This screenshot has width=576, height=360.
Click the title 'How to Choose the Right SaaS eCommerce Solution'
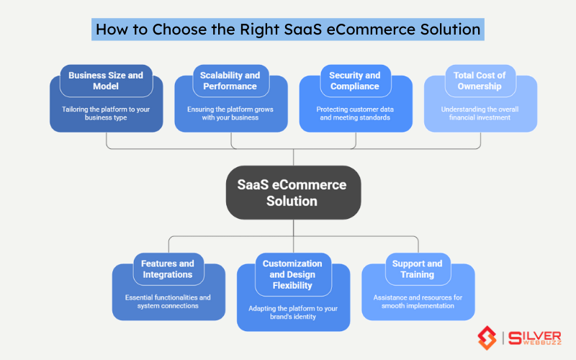coord(288,30)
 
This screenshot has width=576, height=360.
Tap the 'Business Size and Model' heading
coord(106,81)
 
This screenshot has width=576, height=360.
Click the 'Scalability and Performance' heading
coord(230,81)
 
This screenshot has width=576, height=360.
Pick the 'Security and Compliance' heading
coord(355,81)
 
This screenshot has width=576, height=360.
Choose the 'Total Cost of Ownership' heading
coord(480,81)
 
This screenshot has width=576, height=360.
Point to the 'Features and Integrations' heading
coord(168,269)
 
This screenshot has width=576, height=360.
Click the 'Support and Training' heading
coord(418,269)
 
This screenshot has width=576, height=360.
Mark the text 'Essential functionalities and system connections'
coord(168,301)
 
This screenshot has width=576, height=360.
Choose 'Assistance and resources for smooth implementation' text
coord(418,301)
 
